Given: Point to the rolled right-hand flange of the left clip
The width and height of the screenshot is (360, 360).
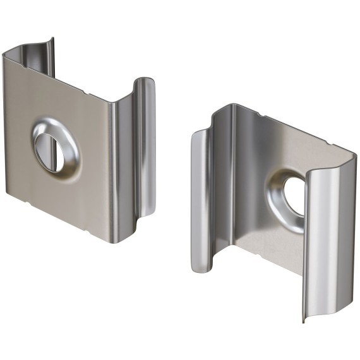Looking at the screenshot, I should point(145,145).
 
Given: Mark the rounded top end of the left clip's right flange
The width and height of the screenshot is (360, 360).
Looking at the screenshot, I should point(145,82).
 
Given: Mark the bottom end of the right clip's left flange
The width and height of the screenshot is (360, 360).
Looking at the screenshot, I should point(199,269).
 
